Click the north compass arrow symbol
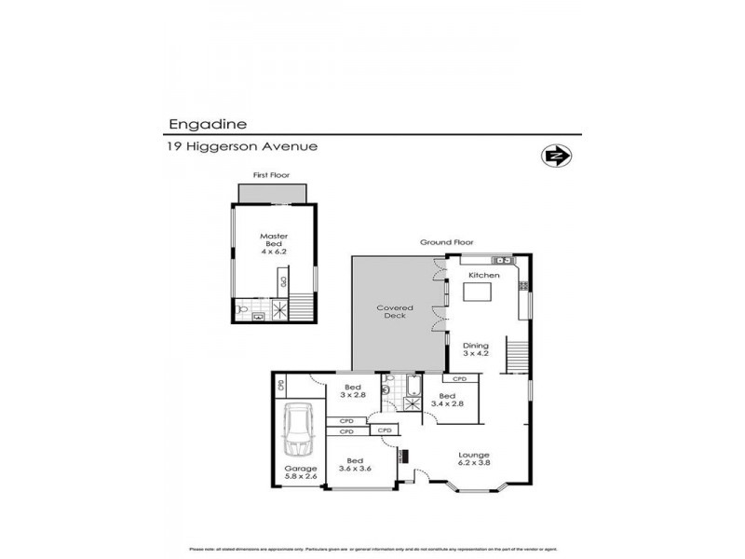tap(556, 156)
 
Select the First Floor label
tap(271, 175)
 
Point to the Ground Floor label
tap(446, 242)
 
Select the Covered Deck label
tap(394, 311)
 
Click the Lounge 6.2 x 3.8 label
tap(473, 458)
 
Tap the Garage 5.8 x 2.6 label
tap(300, 472)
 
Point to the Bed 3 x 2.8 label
tap(353, 391)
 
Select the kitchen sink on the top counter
tap(501, 260)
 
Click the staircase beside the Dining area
tap(516, 355)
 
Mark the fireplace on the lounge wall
tap(403, 457)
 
